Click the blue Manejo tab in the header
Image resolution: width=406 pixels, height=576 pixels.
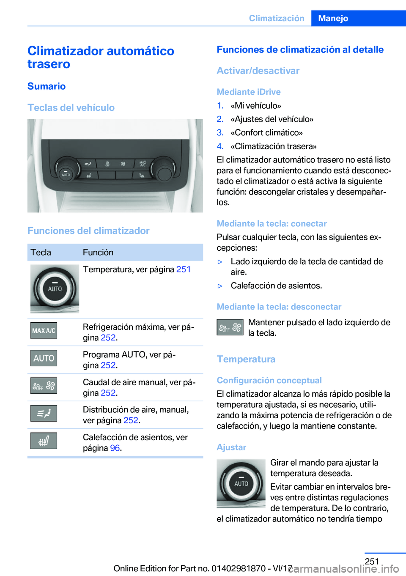click(333, 18)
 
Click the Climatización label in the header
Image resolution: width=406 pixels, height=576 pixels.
click(277, 18)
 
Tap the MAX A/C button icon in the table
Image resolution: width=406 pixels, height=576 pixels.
click(44, 330)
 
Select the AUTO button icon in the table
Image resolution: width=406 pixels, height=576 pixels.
click(44, 358)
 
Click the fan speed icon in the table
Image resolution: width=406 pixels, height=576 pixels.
click(44, 386)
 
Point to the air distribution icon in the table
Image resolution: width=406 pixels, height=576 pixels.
click(44, 413)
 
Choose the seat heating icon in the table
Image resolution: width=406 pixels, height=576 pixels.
click(44, 441)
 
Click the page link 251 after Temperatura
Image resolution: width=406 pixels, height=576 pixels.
click(184, 269)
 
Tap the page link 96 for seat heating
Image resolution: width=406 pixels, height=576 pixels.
click(115, 448)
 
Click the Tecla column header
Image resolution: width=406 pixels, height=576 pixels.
click(41, 252)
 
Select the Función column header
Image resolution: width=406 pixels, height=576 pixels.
click(98, 252)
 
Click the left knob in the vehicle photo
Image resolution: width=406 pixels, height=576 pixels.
click(66, 170)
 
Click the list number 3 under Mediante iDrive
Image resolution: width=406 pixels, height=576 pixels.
click(220, 133)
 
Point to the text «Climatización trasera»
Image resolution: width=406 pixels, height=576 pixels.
click(274, 146)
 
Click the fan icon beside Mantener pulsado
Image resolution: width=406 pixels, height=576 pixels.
click(230, 327)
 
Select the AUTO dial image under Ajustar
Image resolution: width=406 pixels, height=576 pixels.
click(241, 483)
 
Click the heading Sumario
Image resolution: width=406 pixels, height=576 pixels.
click(47, 86)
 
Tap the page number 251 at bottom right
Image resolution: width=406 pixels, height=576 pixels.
click(372, 561)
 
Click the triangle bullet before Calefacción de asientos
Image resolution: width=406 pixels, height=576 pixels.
click(220, 286)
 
